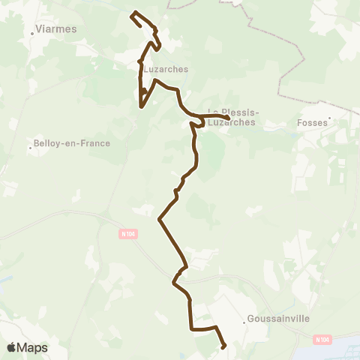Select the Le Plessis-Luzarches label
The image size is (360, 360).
231,117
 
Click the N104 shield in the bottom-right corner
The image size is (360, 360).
322,340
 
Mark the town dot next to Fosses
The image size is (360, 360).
328,117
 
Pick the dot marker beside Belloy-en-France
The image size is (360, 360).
30,148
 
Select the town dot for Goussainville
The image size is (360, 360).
245,322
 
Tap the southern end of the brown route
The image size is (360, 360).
223,346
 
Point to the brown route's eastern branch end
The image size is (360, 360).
228,118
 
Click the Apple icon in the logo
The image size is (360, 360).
11,347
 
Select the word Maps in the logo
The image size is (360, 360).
33,348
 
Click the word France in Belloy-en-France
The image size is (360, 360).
95,143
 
